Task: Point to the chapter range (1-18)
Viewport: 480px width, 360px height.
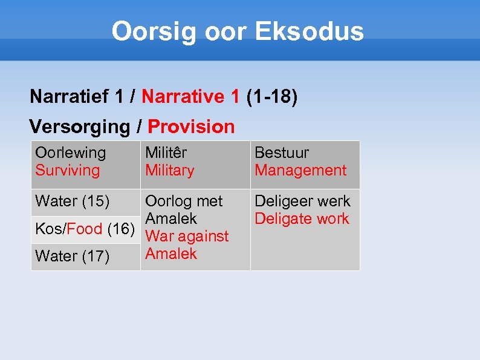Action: pos(271,96)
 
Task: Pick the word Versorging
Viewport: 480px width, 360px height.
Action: pos(79,126)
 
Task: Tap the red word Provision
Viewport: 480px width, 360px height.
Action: pos(191,126)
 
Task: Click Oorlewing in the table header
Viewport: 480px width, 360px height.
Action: pos(70,154)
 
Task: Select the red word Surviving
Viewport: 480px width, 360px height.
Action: pos(67,171)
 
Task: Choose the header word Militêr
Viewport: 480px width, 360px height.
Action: pos(166,154)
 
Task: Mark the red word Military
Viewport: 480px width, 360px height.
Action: pos(169,171)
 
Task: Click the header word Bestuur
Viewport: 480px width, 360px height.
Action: pos(281,154)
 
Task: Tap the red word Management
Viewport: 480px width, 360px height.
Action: pos(300,171)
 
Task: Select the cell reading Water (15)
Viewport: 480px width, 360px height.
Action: pos(73,201)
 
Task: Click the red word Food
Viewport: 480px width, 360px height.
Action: pos(85,229)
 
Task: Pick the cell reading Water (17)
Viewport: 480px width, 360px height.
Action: pos(73,257)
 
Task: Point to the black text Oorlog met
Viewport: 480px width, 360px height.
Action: pos(184,201)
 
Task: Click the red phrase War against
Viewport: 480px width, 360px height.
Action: pos(187,236)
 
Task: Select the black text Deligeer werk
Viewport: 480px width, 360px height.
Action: pos(302,201)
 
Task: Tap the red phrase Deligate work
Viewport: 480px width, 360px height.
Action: pos(302,218)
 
